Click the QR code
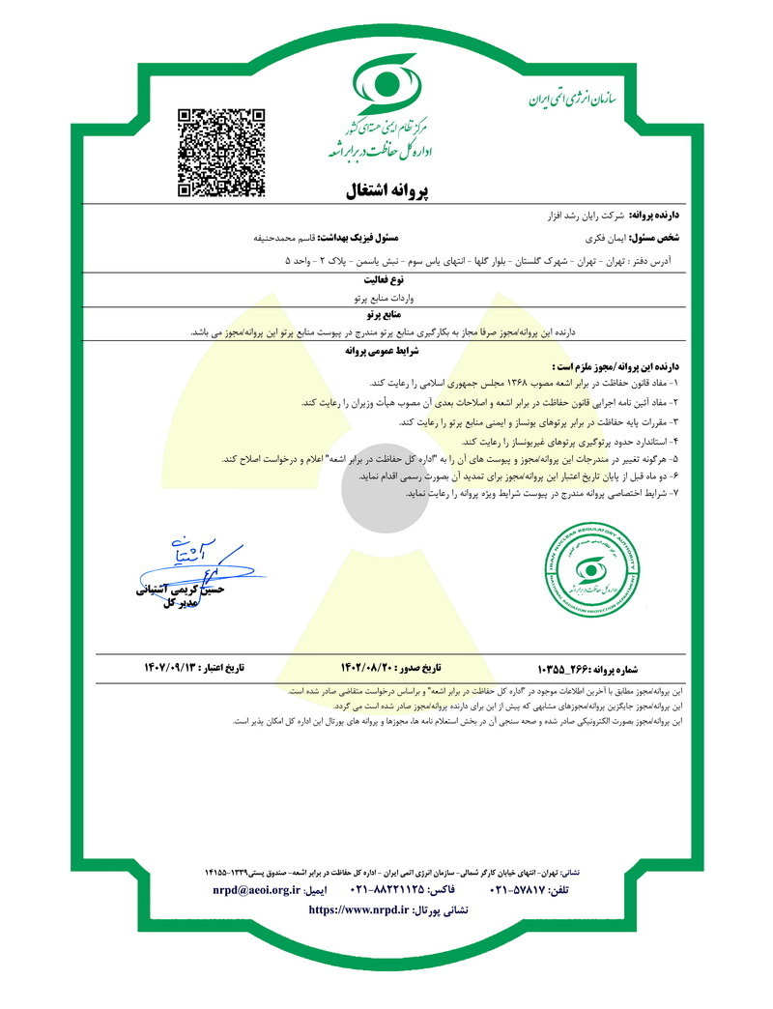pyautogui.click(x=221, y=154)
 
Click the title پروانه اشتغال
pyautogui.click(x=386, y=189)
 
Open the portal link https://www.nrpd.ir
pyautogui.click(x=358, y=910)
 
